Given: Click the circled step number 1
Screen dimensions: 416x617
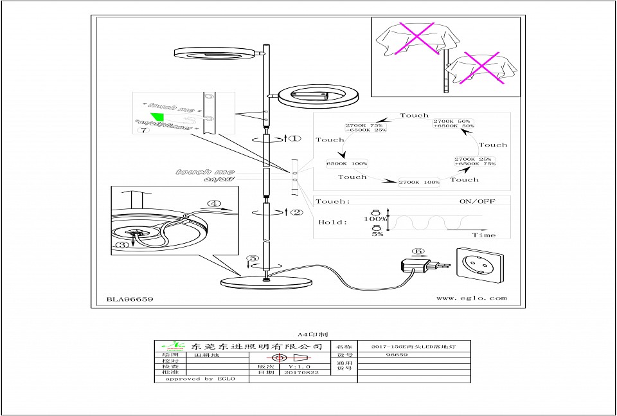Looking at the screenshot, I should coord(293,138).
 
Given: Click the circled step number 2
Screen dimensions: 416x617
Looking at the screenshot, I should coord(296,212).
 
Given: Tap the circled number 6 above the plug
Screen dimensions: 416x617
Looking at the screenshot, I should coord(418,252).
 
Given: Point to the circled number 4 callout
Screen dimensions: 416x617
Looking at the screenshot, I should coord(213,205).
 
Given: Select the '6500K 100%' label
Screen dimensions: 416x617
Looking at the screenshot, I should coord(347,164).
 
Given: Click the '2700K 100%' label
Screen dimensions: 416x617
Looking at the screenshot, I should coord(419,183).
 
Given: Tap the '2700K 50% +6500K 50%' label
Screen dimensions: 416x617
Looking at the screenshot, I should coord(454,123).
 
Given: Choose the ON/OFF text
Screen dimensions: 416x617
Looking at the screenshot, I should coord(477,201).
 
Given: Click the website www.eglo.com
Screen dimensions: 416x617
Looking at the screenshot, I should coord(471,298).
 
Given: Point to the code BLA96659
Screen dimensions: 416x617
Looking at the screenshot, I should coord(129,298).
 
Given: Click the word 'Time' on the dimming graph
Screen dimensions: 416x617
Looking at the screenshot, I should coord(483,235).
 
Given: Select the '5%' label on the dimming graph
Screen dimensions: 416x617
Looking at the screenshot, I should coord(377,234).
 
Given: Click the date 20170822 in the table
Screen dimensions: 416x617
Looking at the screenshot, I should coord(301,372).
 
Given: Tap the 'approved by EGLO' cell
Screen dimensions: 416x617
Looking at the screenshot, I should coord(200,379).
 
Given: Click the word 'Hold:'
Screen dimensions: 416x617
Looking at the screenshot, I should coord(334,222).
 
